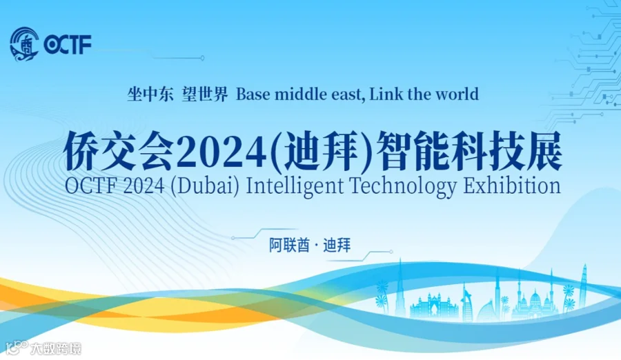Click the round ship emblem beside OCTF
[25, 44]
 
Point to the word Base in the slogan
[254, 94]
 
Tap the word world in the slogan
[456, 94]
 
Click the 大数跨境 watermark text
[55, 348]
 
